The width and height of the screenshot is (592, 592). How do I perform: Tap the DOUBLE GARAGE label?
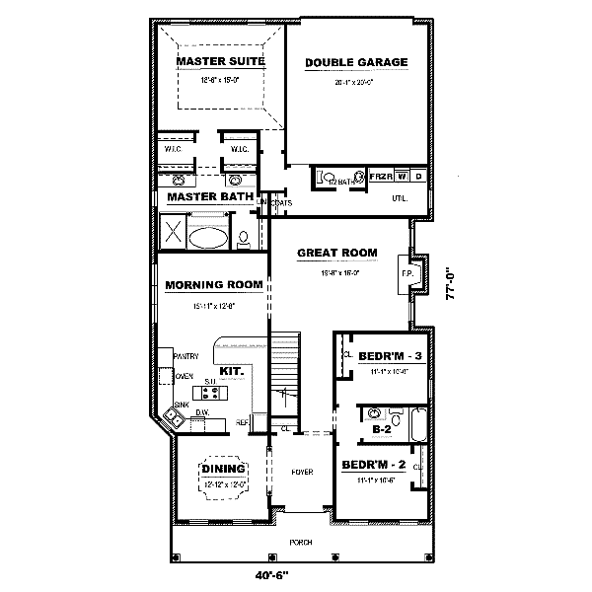point(356,63)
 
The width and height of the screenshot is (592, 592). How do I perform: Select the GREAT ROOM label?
point(337,253)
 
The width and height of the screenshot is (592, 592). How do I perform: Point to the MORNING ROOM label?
point(214,285)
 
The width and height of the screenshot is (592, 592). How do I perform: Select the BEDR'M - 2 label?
point(381,464)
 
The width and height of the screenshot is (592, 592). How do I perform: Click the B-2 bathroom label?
point(381,430)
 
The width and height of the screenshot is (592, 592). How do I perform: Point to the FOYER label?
point(302,473)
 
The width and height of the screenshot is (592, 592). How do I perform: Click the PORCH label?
point(301,543)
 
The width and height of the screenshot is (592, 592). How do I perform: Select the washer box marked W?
point(403,176)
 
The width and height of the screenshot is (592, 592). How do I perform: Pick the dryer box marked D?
point(418,176)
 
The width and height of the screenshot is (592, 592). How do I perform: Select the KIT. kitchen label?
point(232,371)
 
